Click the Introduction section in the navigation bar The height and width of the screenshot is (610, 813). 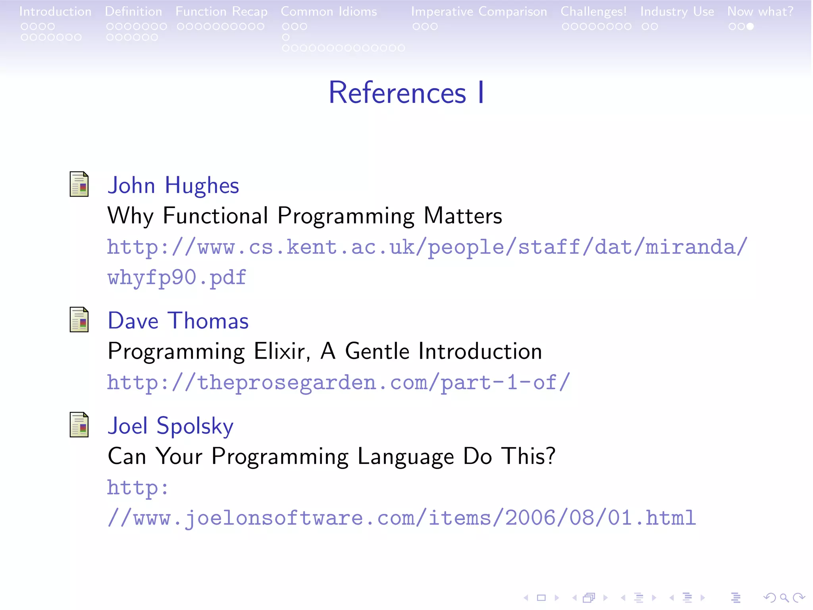pyautogui.click(x=55, y=12)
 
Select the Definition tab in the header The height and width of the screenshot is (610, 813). pyautogui.click(x=133, y=12)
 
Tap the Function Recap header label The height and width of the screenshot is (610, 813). pyautogui.click(x=222, y=12)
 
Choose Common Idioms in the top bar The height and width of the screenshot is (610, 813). pyautogui.click(x=329, y=12)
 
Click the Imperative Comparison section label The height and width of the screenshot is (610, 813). pyautogui.click(x=479, y=12)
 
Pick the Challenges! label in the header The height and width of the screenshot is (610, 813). pyautogui.click(x=593, y=12)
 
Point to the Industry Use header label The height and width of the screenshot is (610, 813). pyautogui.click(x=677, y=12)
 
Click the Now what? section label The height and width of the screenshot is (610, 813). pyautogui.click(x=760, y=12)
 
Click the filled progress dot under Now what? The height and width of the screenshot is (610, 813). pyautogui.click(x=750, y=27)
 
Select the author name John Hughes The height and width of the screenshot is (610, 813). pyautogui.click(x=173, y=185)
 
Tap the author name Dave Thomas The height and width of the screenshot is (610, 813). pyautogui.click(x=178, y=321)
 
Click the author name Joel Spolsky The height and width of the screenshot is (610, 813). pyautogui.click(x=170, y=426)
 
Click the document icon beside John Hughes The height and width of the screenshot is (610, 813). pyautogui.click(x=79, y=184)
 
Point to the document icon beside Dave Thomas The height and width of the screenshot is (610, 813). pyautogui.click(x=79, y=320)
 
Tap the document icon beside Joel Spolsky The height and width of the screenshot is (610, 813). pyautogui.click(x=79, y=425)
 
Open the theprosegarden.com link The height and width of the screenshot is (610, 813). pyautogui.click(x=338, y=382)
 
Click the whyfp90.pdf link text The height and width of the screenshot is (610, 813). pyautogui.click(x=177, y=277)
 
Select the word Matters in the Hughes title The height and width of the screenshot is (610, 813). pyautogui.click(x=462, y=216)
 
